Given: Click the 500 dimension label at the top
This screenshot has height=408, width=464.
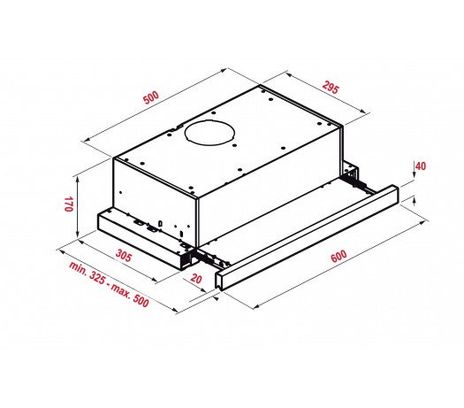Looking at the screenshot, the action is [x=151, y=97].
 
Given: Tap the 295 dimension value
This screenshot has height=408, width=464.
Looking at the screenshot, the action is [x=331, y=88].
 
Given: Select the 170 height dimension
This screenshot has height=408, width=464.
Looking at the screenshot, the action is [x=68, y=204].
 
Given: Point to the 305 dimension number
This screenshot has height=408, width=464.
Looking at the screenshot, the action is [x=123, y=256].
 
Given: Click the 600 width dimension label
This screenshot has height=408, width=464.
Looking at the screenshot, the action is [x=338, y=256].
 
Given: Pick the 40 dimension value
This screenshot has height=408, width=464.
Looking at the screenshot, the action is [x=421, y=166].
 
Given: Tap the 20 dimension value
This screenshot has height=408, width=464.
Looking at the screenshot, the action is [x=196, y=279].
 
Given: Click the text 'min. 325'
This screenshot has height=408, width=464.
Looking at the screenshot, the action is [x=87, y=273].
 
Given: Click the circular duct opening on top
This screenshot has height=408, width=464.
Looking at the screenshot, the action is [x=209, y=132].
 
